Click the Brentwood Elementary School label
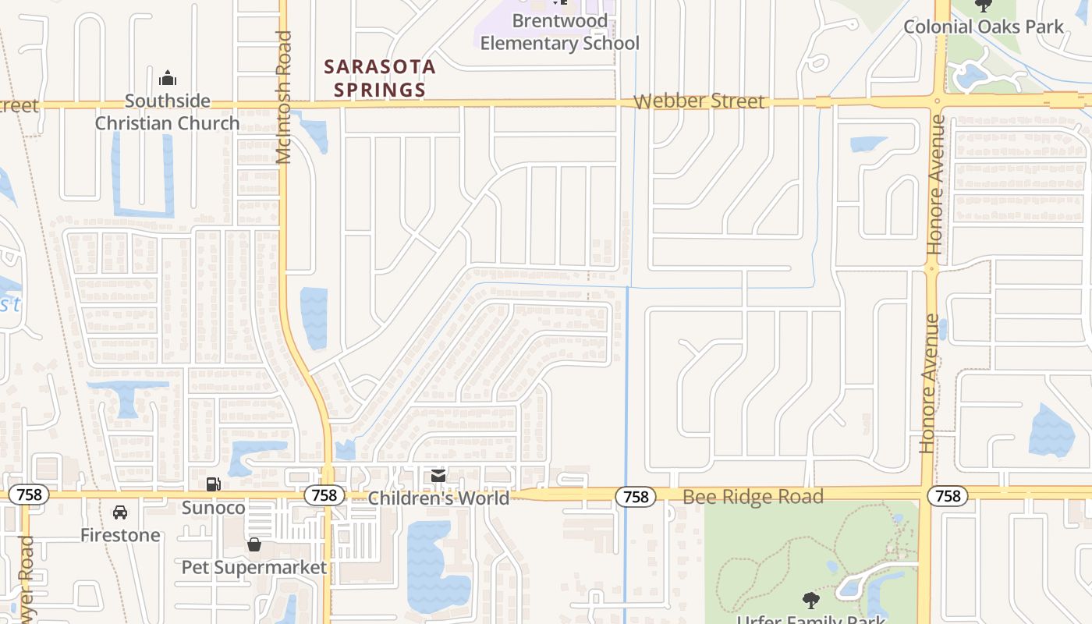click(559, 32)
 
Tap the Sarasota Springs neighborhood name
click(380, 78)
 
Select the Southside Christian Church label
click(167, 112)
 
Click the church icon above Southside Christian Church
click(167, 78)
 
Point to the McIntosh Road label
click(283, 97)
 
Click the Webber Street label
click(699, 101)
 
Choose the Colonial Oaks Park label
click(983, 27)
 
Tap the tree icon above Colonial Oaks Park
click(983, 5)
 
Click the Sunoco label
click(213, 508)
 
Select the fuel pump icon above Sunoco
click(213, 484)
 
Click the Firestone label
click(120, 535)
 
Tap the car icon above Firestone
click(120, 512)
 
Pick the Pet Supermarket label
click(254, 567)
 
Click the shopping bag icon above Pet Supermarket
click(254, 544)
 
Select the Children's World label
click(438, 498)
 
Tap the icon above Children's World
click(438, 476)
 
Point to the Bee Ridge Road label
click(753, 497)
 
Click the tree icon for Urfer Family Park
click(811, 600)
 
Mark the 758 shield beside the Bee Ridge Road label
click(636, 496)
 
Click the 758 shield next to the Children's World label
click(324, 495)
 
